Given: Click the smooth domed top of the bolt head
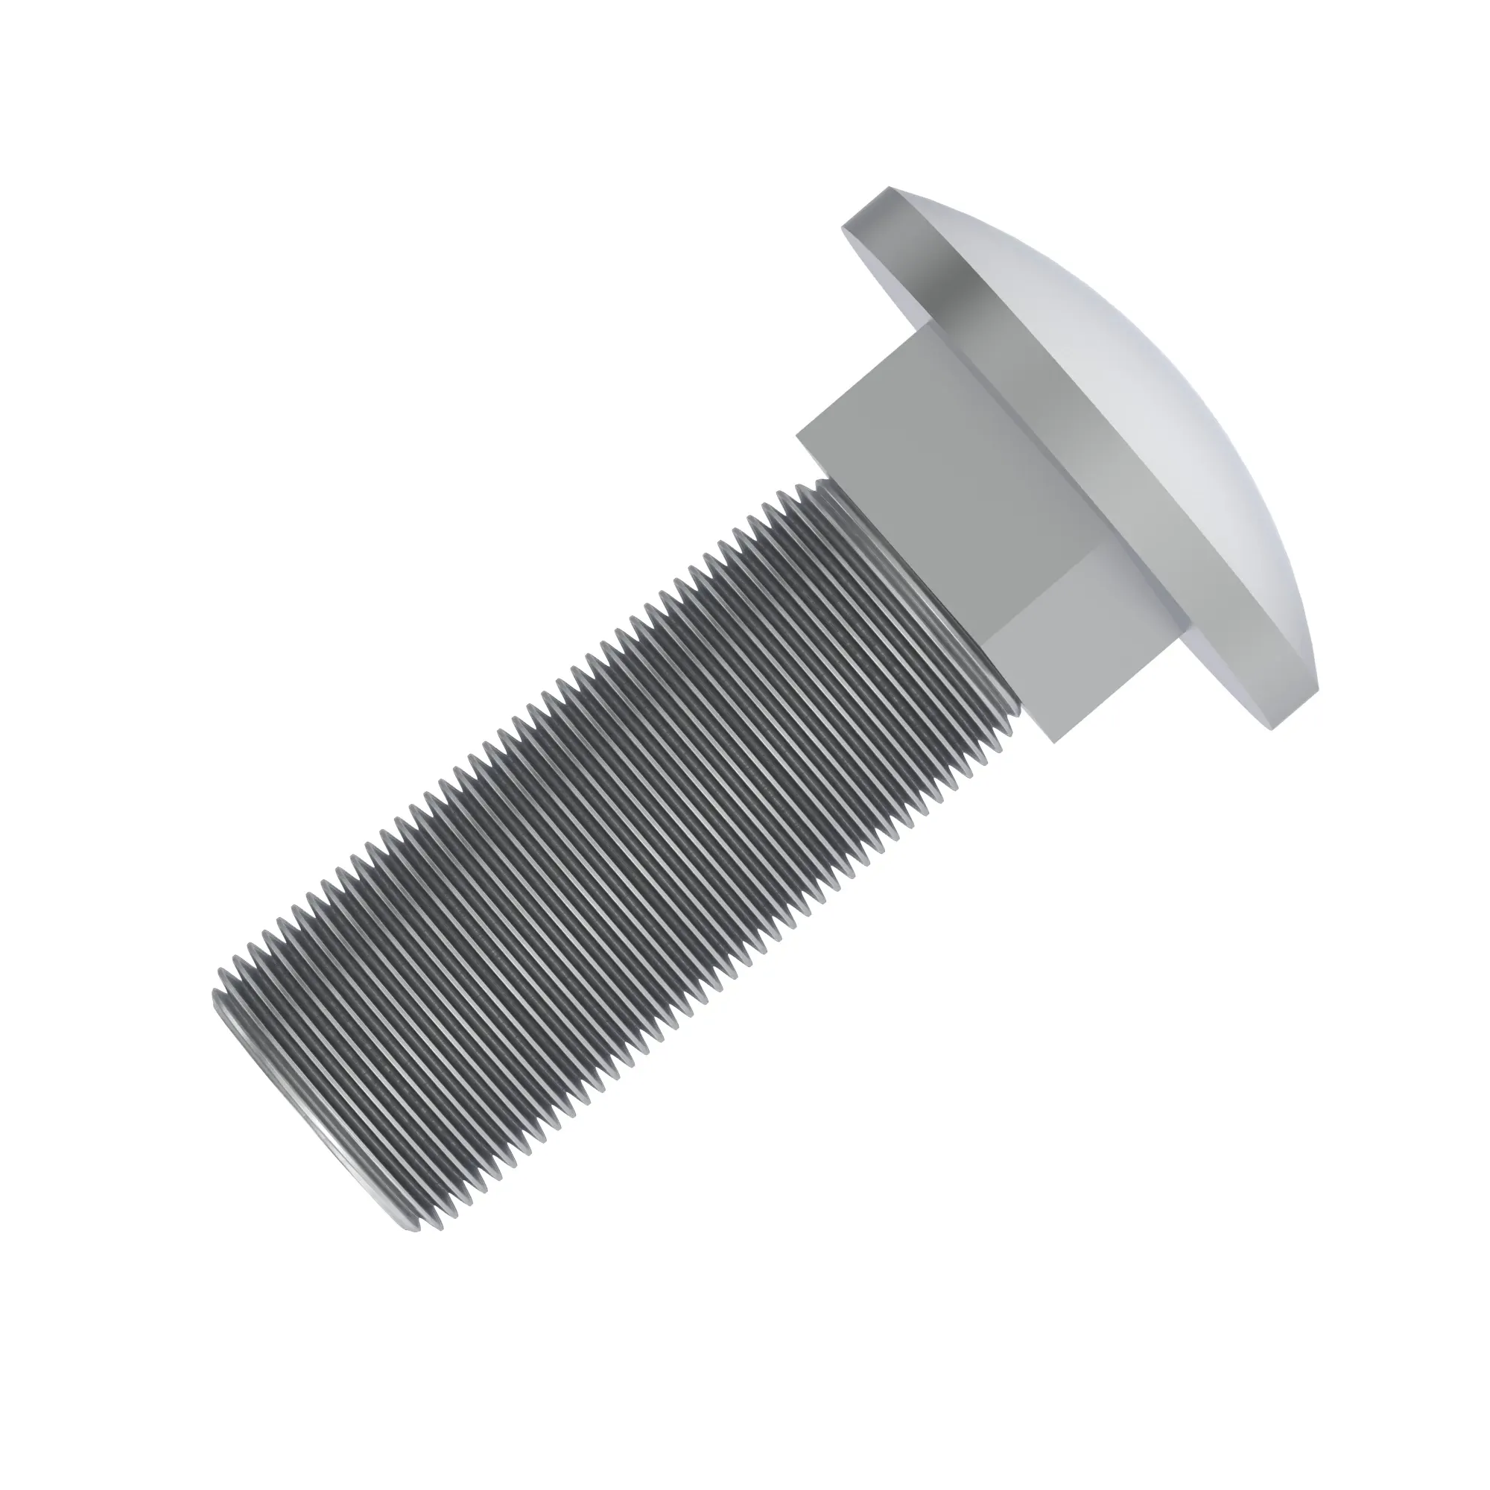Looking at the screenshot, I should point(1141,401).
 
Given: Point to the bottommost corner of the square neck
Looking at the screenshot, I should point(1053,741).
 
